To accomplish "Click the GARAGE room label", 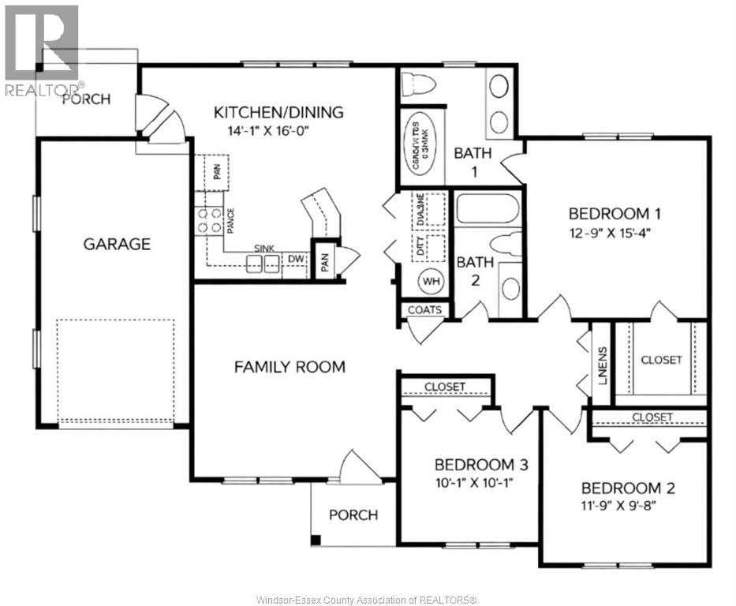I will click(x=117, y=244).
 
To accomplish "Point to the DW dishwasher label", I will click(x=297, y=258).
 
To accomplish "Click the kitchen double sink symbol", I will click(x=263, y=264).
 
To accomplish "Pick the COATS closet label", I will click(x=424, y=310).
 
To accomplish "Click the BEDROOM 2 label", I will click(x=628, y=487).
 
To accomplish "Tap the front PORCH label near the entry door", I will click(x=353, y=514).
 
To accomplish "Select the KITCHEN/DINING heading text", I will click(x=278, y=112).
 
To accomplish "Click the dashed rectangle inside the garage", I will click(x=115, y=371).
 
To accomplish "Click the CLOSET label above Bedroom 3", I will click(x=445, y=387).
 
